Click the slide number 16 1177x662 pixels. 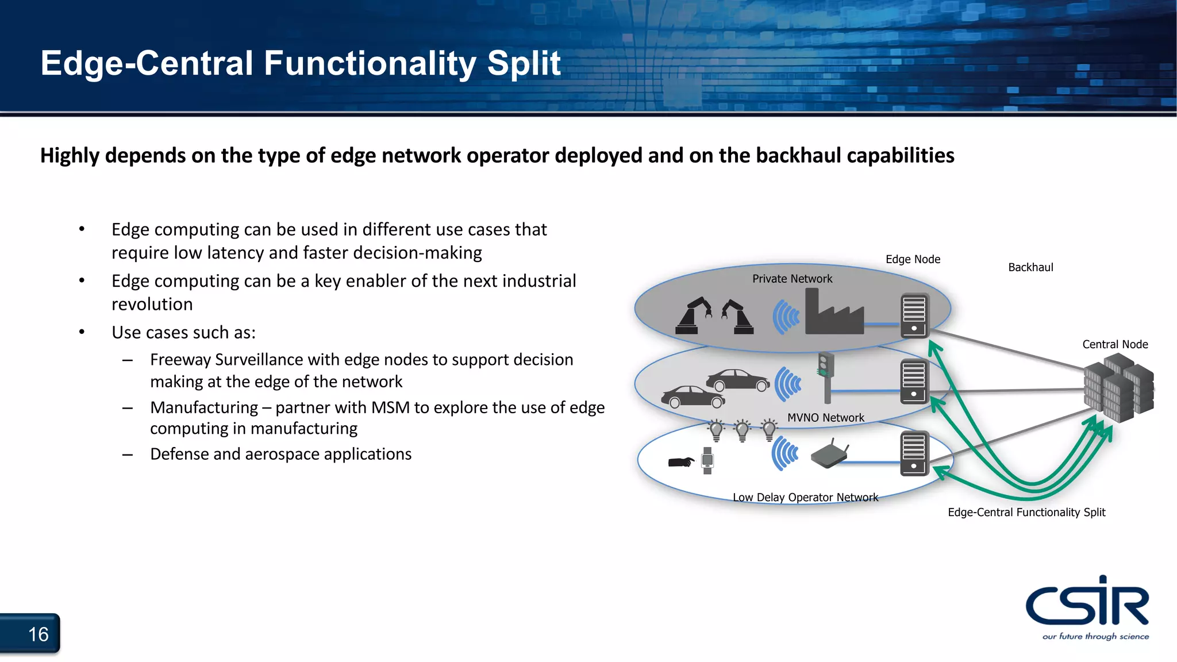pos(38,634)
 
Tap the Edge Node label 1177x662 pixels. pos(913,259)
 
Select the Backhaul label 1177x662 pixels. pos(1030,267)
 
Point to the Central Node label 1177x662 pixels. pos(1115,344)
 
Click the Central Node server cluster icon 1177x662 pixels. pos(1117,388)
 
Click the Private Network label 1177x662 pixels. pos(792,279)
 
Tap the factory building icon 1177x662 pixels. pos(833,314)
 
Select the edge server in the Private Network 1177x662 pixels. pos(914,315)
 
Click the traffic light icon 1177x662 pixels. pos(826,376)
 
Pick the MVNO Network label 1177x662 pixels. pos(825,418)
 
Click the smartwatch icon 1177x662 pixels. pos(707,460)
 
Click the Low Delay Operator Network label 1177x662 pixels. pos(805,498)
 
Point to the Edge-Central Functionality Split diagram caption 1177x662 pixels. pos(1026,512)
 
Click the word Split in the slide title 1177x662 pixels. pos(524,63)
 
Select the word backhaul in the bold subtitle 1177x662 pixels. pos(798,156)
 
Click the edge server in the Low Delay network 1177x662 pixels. pos(913,453)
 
